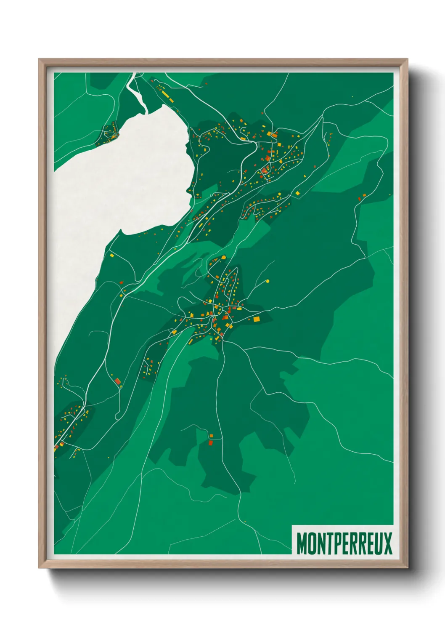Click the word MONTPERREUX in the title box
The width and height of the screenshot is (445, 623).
pos(344,543)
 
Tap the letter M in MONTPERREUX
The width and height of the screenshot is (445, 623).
pos(302,543)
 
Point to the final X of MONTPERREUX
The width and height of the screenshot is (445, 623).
pos(387,543)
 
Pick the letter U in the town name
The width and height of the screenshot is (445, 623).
pos(378,543)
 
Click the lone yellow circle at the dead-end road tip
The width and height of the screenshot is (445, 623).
pos(268,281)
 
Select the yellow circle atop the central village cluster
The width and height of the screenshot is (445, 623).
pos(224,257)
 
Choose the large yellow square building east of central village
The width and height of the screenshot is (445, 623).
pos(256,319)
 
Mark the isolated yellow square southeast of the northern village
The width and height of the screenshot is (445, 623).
pos(297,193)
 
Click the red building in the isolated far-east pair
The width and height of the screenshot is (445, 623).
pos(360,198)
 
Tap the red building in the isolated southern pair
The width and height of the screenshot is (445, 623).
pos(211,443)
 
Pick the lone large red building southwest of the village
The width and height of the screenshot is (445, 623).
pos(118,381)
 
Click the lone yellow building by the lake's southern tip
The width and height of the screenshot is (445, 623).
pos(111,255)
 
